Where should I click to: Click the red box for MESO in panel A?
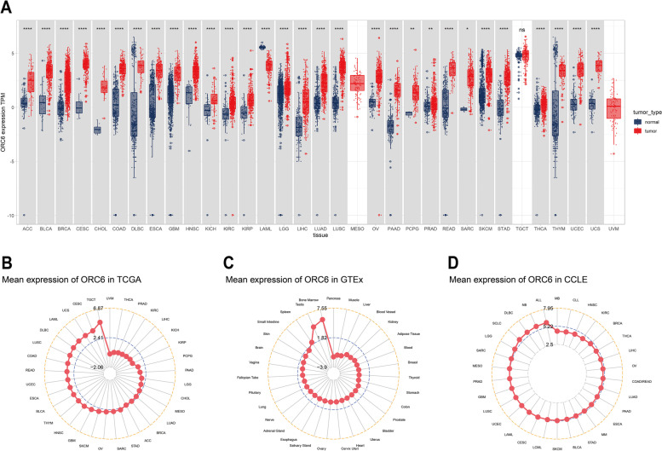(357, 83)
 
